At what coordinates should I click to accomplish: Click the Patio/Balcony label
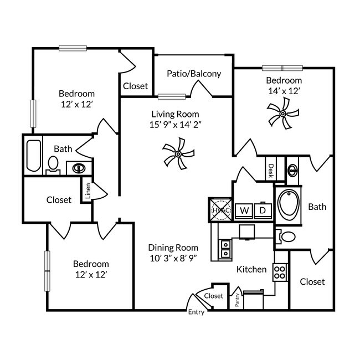coord(194,73)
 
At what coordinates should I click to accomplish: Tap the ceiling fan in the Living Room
coord(179,153)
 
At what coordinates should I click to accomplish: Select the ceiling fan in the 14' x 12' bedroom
coord(282,114)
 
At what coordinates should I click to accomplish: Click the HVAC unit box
coord(220,210)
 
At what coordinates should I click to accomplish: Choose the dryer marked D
coord(263,210)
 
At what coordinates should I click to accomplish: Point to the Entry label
coord(196,312)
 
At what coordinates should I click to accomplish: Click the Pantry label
coord(236,299)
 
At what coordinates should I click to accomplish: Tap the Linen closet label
coord(88,191)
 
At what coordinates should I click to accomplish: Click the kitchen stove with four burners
coord(280,272)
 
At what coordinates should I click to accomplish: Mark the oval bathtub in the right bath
coord(288,205)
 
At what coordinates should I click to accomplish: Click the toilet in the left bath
coord(53,164)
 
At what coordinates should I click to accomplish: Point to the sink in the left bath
coord(77,168)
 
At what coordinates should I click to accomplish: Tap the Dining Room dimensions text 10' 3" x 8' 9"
coord(173,258)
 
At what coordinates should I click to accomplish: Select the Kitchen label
coord(251,270)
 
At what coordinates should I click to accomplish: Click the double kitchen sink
coord(225,249)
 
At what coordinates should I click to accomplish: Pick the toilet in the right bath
coord(287,237)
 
